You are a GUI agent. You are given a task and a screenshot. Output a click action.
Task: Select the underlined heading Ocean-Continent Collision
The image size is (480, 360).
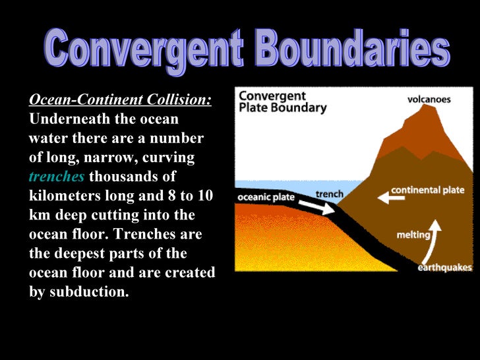[x=120, y=100]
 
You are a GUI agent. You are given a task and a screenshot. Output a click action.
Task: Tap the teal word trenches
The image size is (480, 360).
[x=57, y=177]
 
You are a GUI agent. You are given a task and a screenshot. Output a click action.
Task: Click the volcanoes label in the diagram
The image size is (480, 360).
[x=428, y=100]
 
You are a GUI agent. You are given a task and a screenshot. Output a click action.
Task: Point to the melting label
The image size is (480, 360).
[x=414, y=235]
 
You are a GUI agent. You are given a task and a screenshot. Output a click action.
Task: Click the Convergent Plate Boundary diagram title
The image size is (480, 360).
[x=282, y=102]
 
